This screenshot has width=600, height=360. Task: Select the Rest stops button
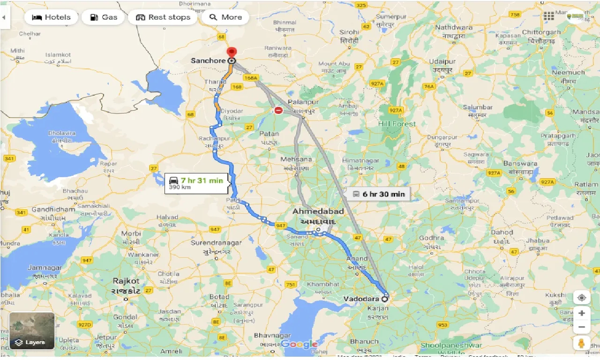point(163,17)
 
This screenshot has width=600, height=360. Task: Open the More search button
point(225,17)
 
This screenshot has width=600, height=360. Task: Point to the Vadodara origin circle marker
point(385,298)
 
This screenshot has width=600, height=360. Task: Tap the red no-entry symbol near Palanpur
point(278,111)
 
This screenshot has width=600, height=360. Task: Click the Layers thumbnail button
point(32,331)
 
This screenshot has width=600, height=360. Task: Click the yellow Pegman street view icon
point(581,343)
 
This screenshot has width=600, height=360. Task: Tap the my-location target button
point(581,298)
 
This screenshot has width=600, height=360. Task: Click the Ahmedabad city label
point(317,211)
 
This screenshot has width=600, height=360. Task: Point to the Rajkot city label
point(126,281)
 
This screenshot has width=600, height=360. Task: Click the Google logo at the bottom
point(299,345)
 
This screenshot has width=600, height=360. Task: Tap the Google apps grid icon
point(549,17)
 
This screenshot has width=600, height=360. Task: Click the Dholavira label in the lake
point(62,134)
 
